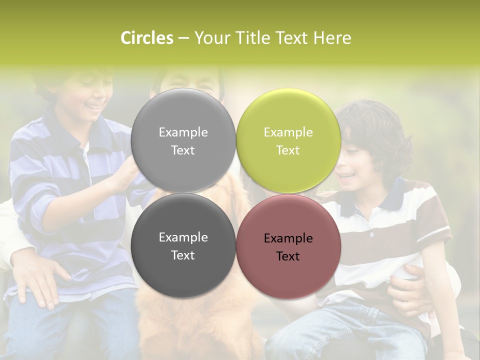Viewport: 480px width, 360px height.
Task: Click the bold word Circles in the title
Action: [x=147, y=38]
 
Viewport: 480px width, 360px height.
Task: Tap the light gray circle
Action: [x=183, y=140]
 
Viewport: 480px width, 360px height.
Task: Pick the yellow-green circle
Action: [x=288, y=140]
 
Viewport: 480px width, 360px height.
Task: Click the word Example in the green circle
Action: [x=288, y=132]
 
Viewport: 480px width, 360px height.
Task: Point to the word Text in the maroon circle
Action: [x=288, y=256]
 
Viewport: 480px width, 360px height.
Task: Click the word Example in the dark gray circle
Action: [x=183, y=237]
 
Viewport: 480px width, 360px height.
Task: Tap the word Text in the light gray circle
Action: [x=183, y=150]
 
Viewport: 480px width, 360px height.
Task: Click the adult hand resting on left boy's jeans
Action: [x=37, y=280]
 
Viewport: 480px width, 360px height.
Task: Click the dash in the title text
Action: [x=183, y=38]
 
